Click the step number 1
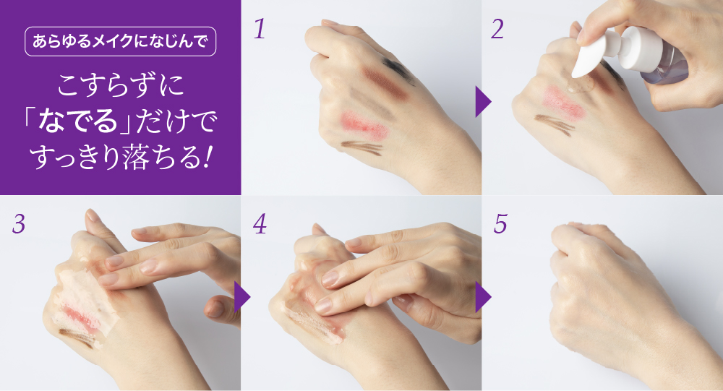click(x=260, y=29)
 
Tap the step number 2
click(x=497, y=29)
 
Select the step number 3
click(x=19, y=224)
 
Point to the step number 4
click(x=260, y=224)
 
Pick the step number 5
click(x=501, y=224)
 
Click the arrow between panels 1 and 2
click(x=482, y=101)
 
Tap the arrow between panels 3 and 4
click(x=241, y=297)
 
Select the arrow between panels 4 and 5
click(x=482, y=297)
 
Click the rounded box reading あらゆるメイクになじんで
click(x=120, y=41)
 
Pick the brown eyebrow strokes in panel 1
click(x=363, y=148)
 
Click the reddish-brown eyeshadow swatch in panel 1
click(x=386, y=84)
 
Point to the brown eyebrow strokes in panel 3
click(x=77, y=338)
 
